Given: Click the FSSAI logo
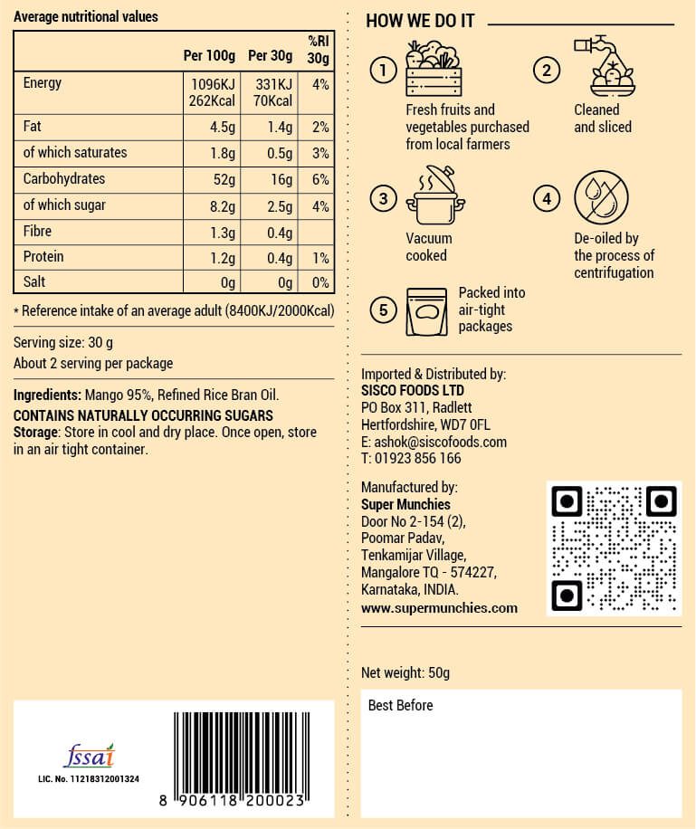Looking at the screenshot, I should [x=89, y=756].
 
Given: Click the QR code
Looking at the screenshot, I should [x=614, y=548].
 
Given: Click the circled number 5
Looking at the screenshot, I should [x=384, y=310].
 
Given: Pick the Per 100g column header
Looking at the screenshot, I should [x=209, y=56].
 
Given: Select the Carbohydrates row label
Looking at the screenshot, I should [x=64, y=178].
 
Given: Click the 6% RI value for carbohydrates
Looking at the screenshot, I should [x=319, y=178].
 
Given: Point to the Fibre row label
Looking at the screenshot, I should [x=38, y=231].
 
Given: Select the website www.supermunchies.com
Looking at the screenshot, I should [x=439, y=607].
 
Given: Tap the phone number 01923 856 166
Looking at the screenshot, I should [x=416, y=458].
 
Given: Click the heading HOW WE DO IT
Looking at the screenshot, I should [x=420, y=21].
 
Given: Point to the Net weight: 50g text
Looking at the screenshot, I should [x=405, y=672].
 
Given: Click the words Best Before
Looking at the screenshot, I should [x=400, y=705].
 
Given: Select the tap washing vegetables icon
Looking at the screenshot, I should [x=605, y=67].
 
